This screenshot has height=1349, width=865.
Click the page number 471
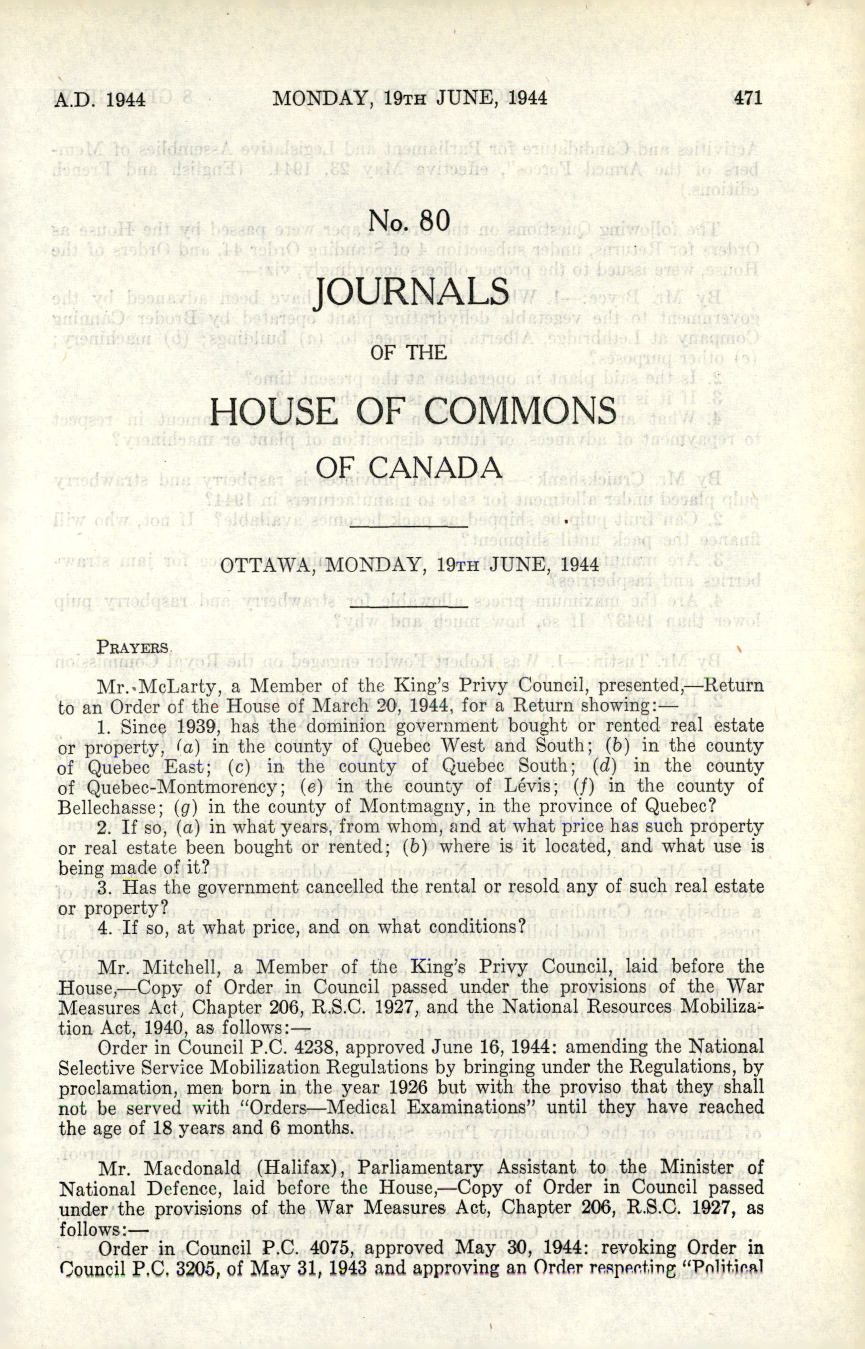point(747,99)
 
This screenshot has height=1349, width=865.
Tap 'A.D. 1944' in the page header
point(100,99)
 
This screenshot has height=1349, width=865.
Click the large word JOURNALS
point(411,293)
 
